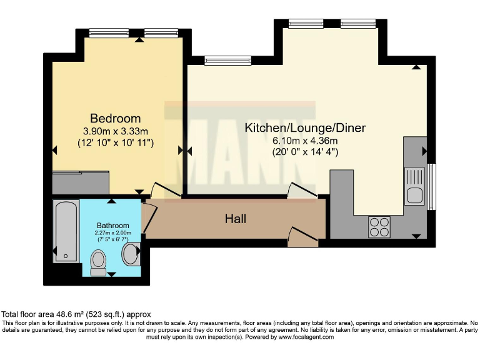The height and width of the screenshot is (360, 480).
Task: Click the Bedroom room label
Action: pyautogui.click(x=116, y=118)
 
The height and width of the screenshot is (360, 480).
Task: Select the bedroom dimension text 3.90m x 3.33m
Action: pyautogui.click(x=116, y=131)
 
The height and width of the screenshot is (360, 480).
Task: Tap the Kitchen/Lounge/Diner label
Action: pyautogui.click(x=304, y=128)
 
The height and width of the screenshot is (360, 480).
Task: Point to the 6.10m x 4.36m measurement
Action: pyautogui.click(x=304, y=140)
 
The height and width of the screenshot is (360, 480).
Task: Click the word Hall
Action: pyautogui.click(x=236, y=219)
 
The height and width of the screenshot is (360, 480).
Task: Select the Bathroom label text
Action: pyautogui.click(x=112, y=226)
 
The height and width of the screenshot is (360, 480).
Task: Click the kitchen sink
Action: pyautogui.click(x=415, y=186)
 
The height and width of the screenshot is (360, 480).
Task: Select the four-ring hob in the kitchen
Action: pyautogui.click(x=379, y=226)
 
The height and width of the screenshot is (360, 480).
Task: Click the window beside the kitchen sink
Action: pyautogui.click(x=431, y=186)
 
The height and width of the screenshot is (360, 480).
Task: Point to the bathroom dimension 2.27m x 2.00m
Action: pyautogui.click(x=112, y=234)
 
